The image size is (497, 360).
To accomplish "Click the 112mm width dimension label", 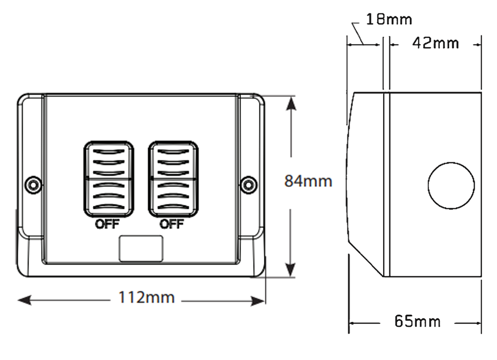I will (x=147, y=298).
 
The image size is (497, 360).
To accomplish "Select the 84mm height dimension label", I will (x=308, y=181).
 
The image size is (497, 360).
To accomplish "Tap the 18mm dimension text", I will (x=389, y=19).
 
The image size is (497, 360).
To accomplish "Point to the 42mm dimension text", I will (x=435, y=43).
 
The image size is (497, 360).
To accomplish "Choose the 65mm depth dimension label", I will (x=417, y=322).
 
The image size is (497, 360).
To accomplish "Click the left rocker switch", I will (x=108, y=180).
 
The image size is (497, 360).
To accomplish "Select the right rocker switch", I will (x=173, y=180).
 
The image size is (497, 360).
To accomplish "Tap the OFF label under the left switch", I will (x=107, y=224).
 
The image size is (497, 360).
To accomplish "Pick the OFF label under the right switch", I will (x=172, y=224).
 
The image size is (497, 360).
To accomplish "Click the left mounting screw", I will (x=33, y=185).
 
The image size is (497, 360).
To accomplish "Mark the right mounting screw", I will (x=246, y=185).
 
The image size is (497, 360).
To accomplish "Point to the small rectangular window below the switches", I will (x=141, y=249).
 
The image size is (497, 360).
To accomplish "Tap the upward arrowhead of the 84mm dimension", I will (x=291, y=102).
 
